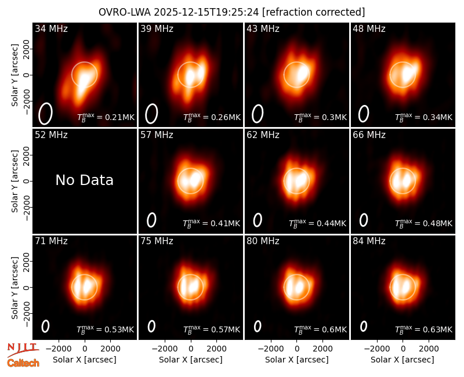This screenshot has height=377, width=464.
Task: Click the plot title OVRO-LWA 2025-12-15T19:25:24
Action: point(179,12)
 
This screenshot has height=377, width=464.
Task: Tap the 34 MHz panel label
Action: point(51,28)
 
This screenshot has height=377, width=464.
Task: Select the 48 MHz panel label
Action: point(369,28)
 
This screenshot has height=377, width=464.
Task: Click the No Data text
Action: point(84,180)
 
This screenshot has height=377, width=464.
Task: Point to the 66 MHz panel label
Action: point(369,135)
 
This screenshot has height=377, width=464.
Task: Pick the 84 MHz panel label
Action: point(369,241)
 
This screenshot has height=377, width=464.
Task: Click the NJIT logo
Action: point(23,349)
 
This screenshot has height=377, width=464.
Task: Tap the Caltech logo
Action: point(23,363)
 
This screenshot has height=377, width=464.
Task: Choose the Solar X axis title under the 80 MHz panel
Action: point(297,360)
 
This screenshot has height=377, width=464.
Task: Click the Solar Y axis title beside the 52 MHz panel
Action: point(14,181)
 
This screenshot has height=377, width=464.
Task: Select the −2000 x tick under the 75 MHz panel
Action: point(165,349)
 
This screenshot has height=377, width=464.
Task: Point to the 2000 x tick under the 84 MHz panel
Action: point(429,349)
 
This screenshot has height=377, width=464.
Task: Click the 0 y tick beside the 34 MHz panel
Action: point(27,75)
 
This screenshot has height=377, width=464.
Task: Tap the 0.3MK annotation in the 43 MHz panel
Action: point(321,117)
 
